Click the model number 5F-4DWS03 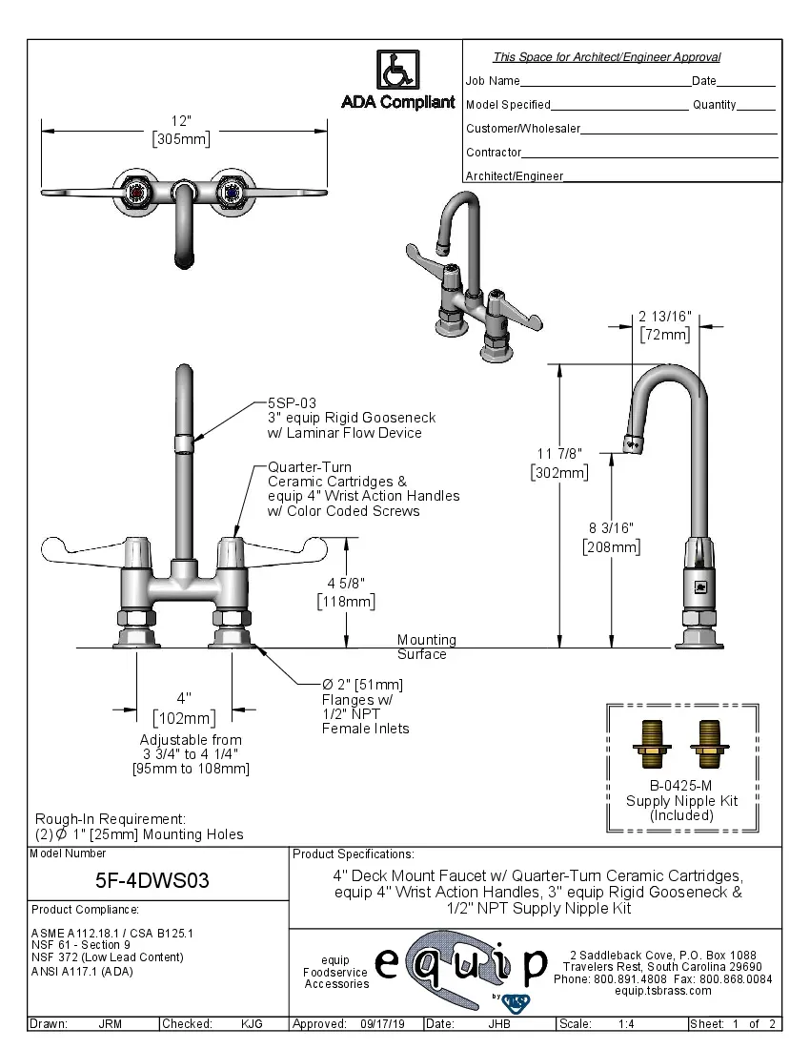coord(152,880)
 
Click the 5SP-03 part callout coord(292,403)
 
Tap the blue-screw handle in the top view coord(230,194)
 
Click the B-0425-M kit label coord(680,787)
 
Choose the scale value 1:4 coord(626,1024)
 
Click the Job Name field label coord(493,81)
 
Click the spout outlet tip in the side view coord(630,444)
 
